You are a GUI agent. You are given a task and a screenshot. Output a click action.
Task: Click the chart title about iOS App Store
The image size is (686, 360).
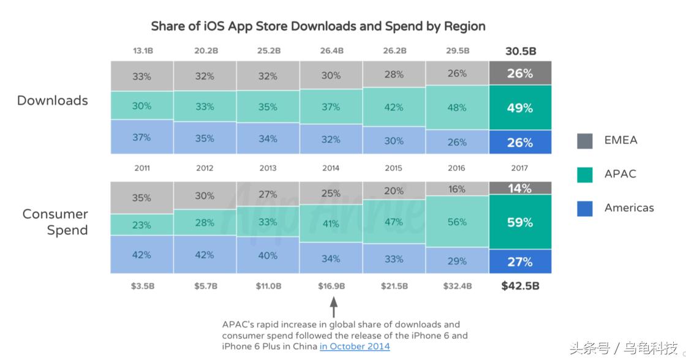pos(318,26)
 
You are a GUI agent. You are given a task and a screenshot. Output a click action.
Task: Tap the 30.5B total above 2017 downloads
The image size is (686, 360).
pos(520,51)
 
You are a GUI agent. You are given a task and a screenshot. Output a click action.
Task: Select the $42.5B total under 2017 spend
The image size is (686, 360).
pos(520,285)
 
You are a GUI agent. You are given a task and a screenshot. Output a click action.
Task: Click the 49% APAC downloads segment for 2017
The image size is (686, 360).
pos(520,108)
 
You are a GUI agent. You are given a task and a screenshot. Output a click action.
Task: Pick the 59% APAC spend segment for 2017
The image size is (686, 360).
pos(520,222)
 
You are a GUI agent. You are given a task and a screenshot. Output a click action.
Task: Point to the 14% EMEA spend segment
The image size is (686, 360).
pos(520,189)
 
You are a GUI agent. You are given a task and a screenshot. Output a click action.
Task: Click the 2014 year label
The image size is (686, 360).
pos(331,168)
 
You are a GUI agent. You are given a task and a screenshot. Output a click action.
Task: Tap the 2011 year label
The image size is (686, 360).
pos(141,168)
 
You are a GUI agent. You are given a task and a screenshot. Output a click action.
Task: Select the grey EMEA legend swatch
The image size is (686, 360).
pos(585,141)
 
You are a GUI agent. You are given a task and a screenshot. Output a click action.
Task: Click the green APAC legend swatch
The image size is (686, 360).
pos(585,174)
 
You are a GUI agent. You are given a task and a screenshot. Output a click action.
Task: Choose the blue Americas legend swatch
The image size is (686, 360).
pos(585,208)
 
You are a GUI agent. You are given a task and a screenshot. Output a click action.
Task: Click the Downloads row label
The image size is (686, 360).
pos(53,101)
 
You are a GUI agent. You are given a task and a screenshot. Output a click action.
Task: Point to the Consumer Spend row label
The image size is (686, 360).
pos(56,222)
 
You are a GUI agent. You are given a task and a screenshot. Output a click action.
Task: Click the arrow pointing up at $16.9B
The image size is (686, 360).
pos(333,307)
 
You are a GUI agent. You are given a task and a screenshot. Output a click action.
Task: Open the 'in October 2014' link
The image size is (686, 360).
pos(355,347)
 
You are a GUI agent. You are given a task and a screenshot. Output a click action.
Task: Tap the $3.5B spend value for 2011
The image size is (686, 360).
pos(142,286)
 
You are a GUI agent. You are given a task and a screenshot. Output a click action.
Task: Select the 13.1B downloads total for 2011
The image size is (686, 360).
pos(142,51)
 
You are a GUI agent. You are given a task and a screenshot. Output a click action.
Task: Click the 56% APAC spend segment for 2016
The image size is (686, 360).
pos(457,222)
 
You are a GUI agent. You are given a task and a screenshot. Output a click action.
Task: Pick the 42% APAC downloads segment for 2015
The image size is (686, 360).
pos(394,107)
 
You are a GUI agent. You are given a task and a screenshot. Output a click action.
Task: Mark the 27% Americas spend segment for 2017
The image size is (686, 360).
pos(520,262)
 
